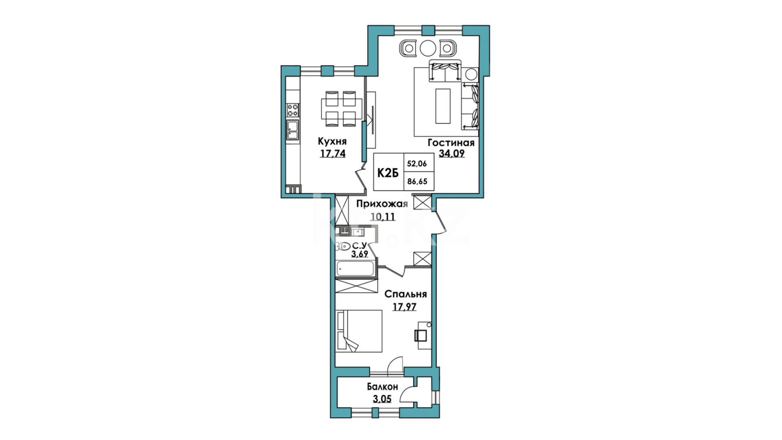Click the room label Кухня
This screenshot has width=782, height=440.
[332, 141]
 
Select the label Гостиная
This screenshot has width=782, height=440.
[451, 143]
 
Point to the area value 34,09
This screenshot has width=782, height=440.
[451, 153]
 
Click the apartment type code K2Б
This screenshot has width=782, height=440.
[387, 173]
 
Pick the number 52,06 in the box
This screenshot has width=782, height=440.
[417, 164]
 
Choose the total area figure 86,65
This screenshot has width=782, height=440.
[417, 182]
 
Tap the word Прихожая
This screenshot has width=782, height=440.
[382, 205]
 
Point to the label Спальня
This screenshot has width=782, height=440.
[406, 294]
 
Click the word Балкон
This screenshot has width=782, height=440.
[382, 387]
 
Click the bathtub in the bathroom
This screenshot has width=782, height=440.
[355, 268]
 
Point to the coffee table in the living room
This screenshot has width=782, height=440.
[443, 106]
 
